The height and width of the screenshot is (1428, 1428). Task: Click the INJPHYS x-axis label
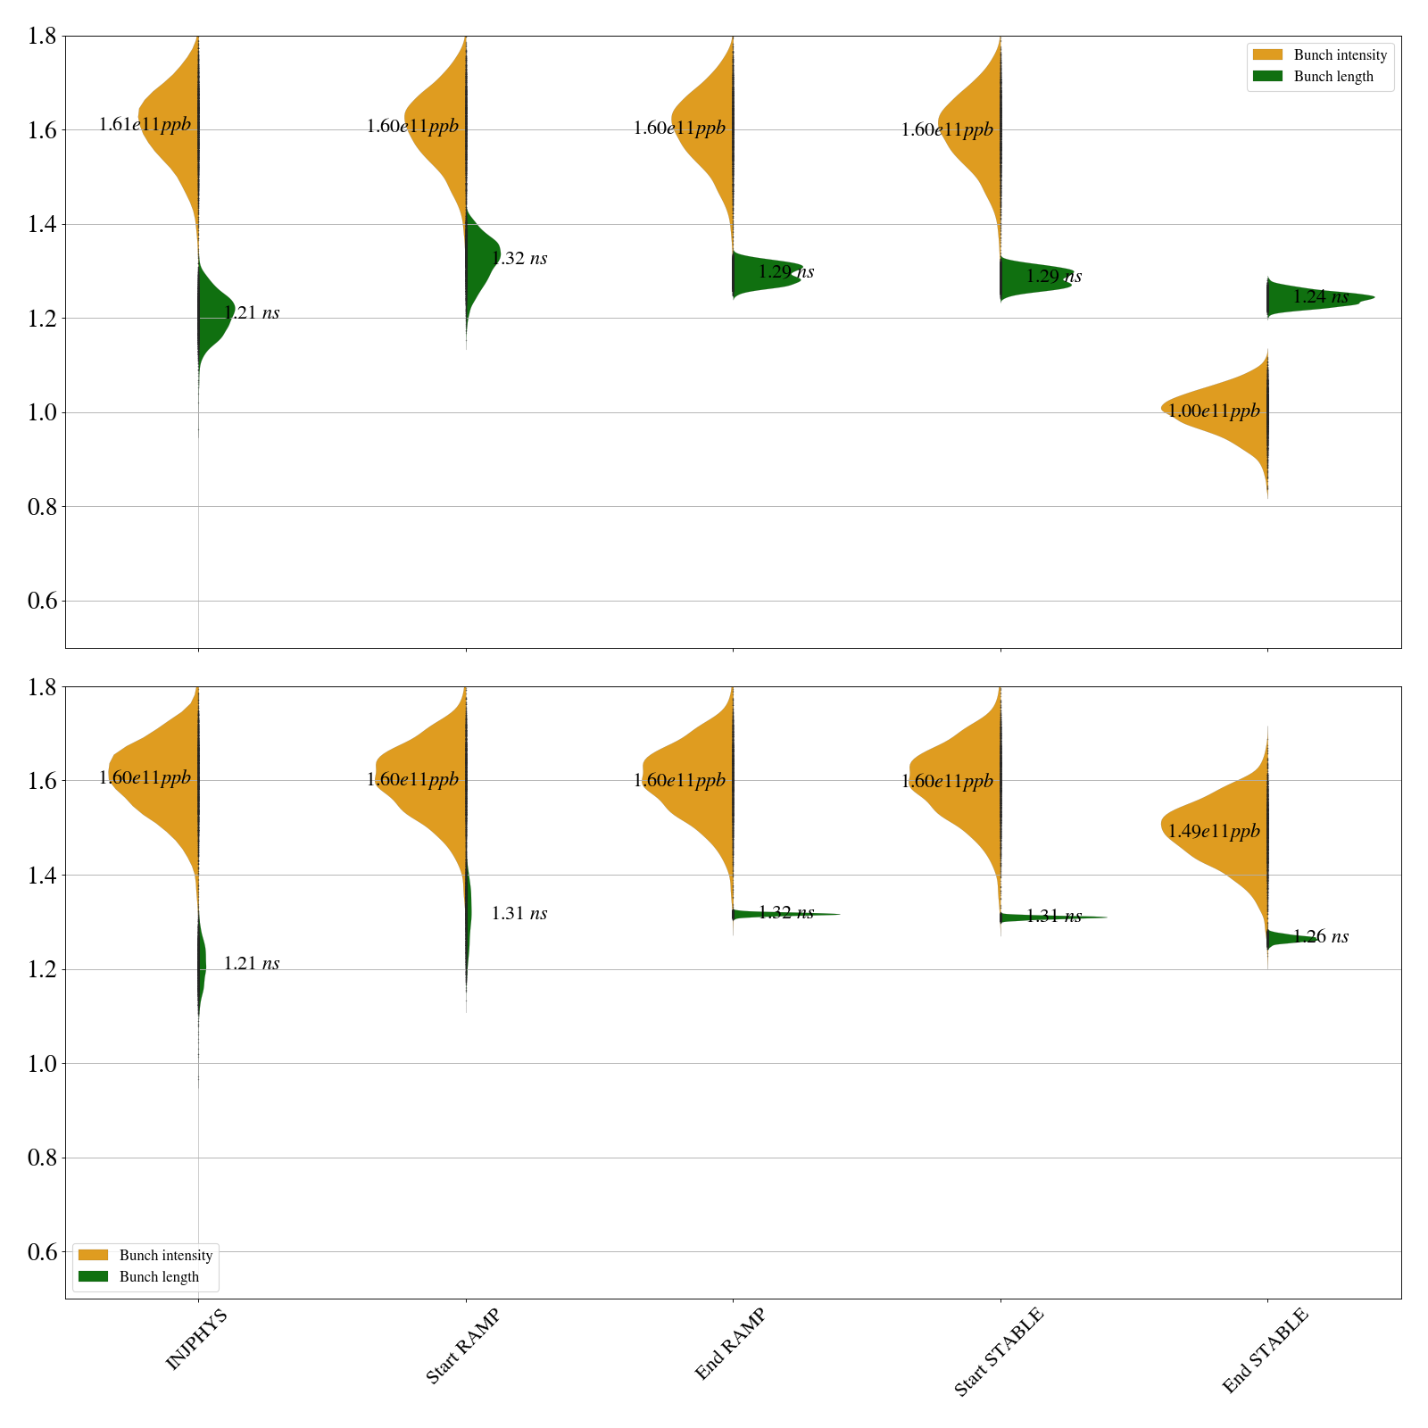pyautogui.click(x=196, y=1339)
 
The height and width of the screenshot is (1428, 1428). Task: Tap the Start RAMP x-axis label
pyautogui.click(x=462, y=1346)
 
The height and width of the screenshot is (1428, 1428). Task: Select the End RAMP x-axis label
pyautogui.click(x=730, y=1344)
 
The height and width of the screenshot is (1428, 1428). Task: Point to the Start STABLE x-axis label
pyautogui.click(x=998, y=1352)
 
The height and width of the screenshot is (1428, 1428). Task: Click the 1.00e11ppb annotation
pyautogui.click(x=1214, y=411)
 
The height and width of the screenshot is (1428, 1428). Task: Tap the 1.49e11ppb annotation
pyautogui.click(x=1214, y=832)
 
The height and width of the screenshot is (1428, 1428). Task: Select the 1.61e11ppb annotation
pyautogui.click(x=145, y=125)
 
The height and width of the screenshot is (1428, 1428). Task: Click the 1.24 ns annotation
pyautogui.click(x=1321, y=297)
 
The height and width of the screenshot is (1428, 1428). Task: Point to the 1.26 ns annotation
pyautogui.click(x=1321, y=937)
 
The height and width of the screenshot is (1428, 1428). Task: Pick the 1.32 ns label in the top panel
pyautogui.click(x=519, y=259)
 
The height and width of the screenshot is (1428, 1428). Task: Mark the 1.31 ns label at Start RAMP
pyautogui.click(x=519, y=914)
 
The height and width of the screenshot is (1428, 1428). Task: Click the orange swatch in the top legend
pyautogui.click(x=1267, y=55)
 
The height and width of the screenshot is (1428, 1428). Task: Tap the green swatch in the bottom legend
pyautogui.click(x=93, y=1277)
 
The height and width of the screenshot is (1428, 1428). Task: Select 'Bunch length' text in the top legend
pyautogui.click(x=1333, y=77)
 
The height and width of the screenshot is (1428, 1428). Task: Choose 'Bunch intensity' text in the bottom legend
pyautogui.click(x=166, y=1256)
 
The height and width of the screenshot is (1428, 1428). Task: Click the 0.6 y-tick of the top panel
pyautogui.click(x=44, y=601)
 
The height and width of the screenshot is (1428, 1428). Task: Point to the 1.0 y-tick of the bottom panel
pyautogui.click(x=44, y=1064)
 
